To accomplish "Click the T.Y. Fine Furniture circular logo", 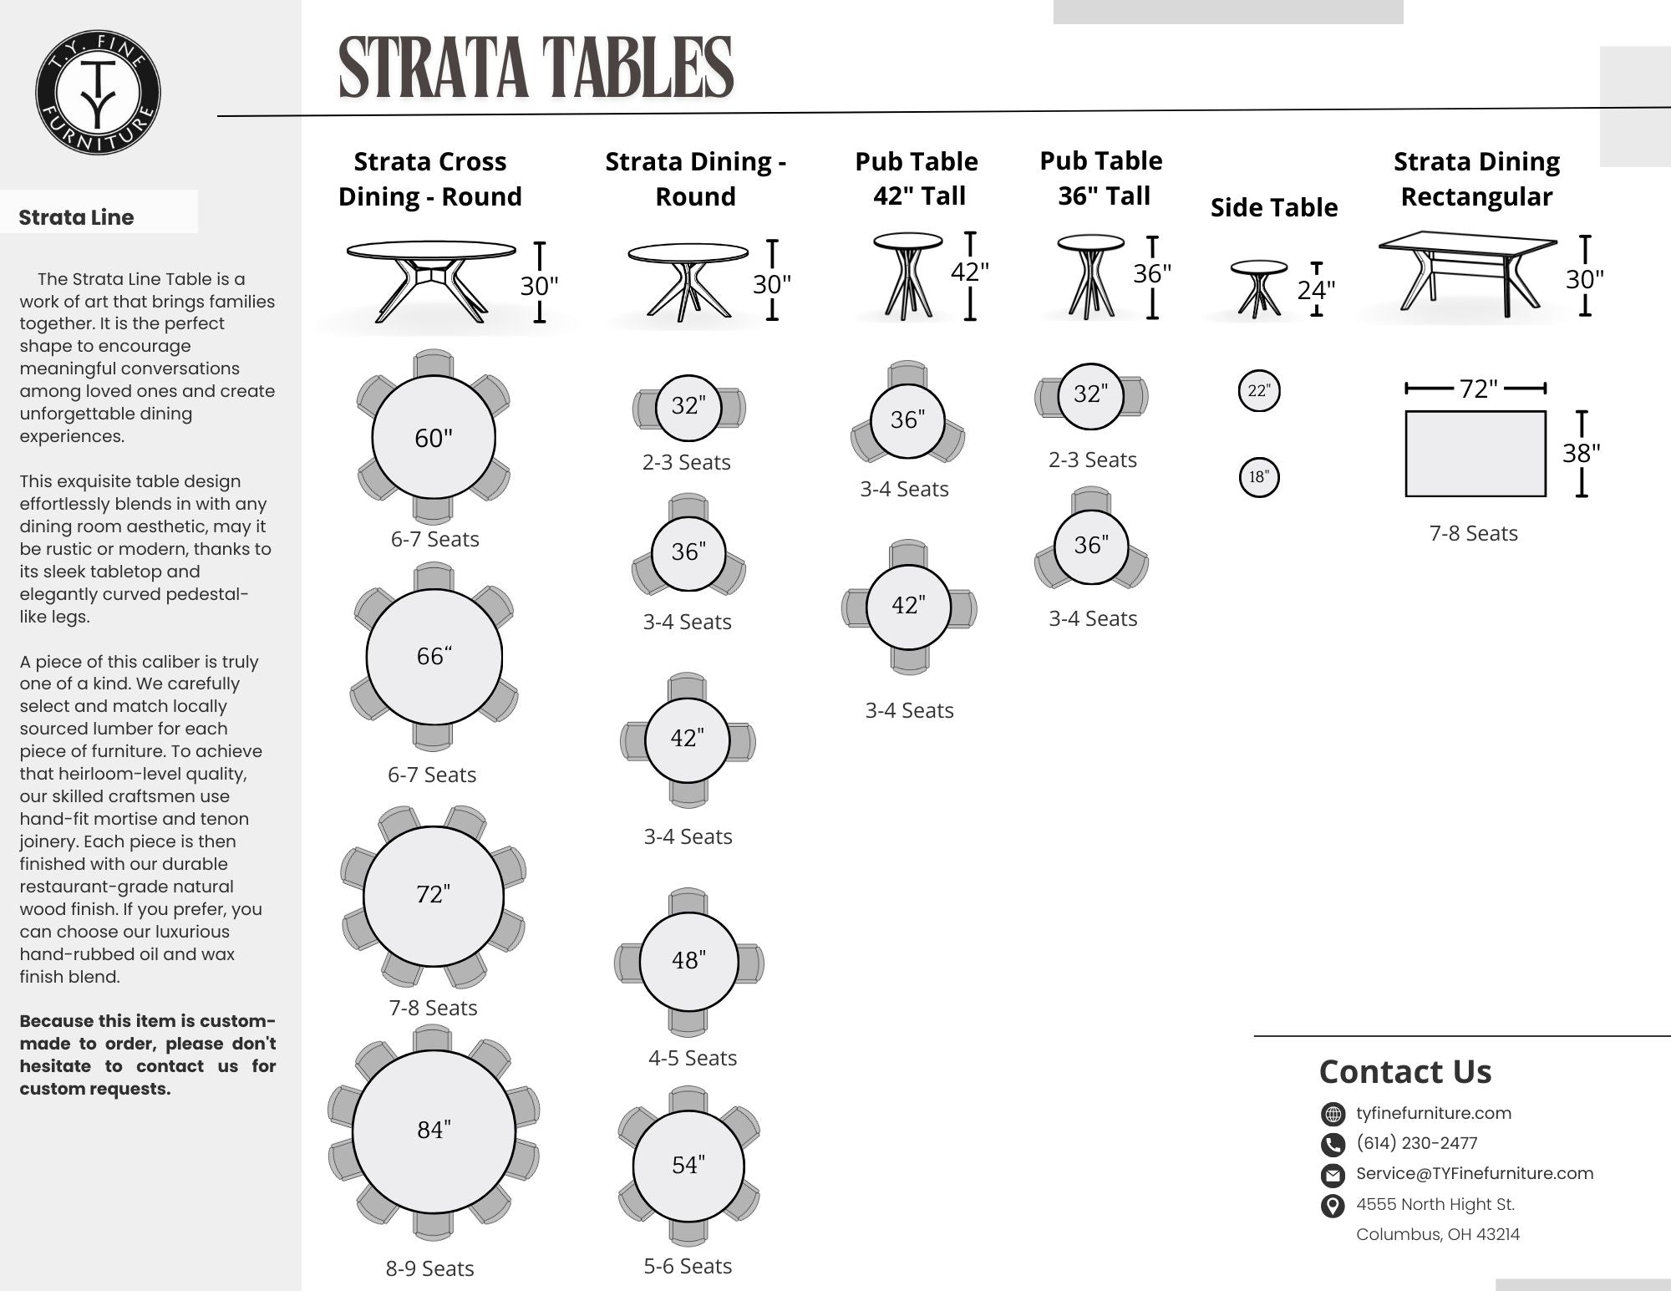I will tap(99, 93).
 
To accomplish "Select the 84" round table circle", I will tap(434, 1131).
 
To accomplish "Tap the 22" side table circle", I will tap(1258, 390).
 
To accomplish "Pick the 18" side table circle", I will tap(1258, 477).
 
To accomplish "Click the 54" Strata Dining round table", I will tap(688, 1165).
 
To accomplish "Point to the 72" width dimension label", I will tap(1477, 389).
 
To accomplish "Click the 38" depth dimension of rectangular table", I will tap(1581, 453).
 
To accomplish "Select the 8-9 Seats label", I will tap(429, 1268).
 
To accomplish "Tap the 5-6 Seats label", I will tap(688, 1266).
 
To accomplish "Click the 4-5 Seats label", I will tap(693, 1058).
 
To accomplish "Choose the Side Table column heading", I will tap(1273, 207).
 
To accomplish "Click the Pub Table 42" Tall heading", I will tap(917, 178).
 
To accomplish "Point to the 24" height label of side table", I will tap(1316, 290).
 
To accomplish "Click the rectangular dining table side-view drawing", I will tap(1467, 276).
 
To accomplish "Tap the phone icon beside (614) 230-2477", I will tap(1333, 1144).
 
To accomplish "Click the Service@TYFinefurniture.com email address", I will tap(1474, 1173).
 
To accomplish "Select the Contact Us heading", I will tap(1404, 1071).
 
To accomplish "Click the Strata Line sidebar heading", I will tap(76, 217).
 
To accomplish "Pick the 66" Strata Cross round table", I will tap(434, 656).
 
